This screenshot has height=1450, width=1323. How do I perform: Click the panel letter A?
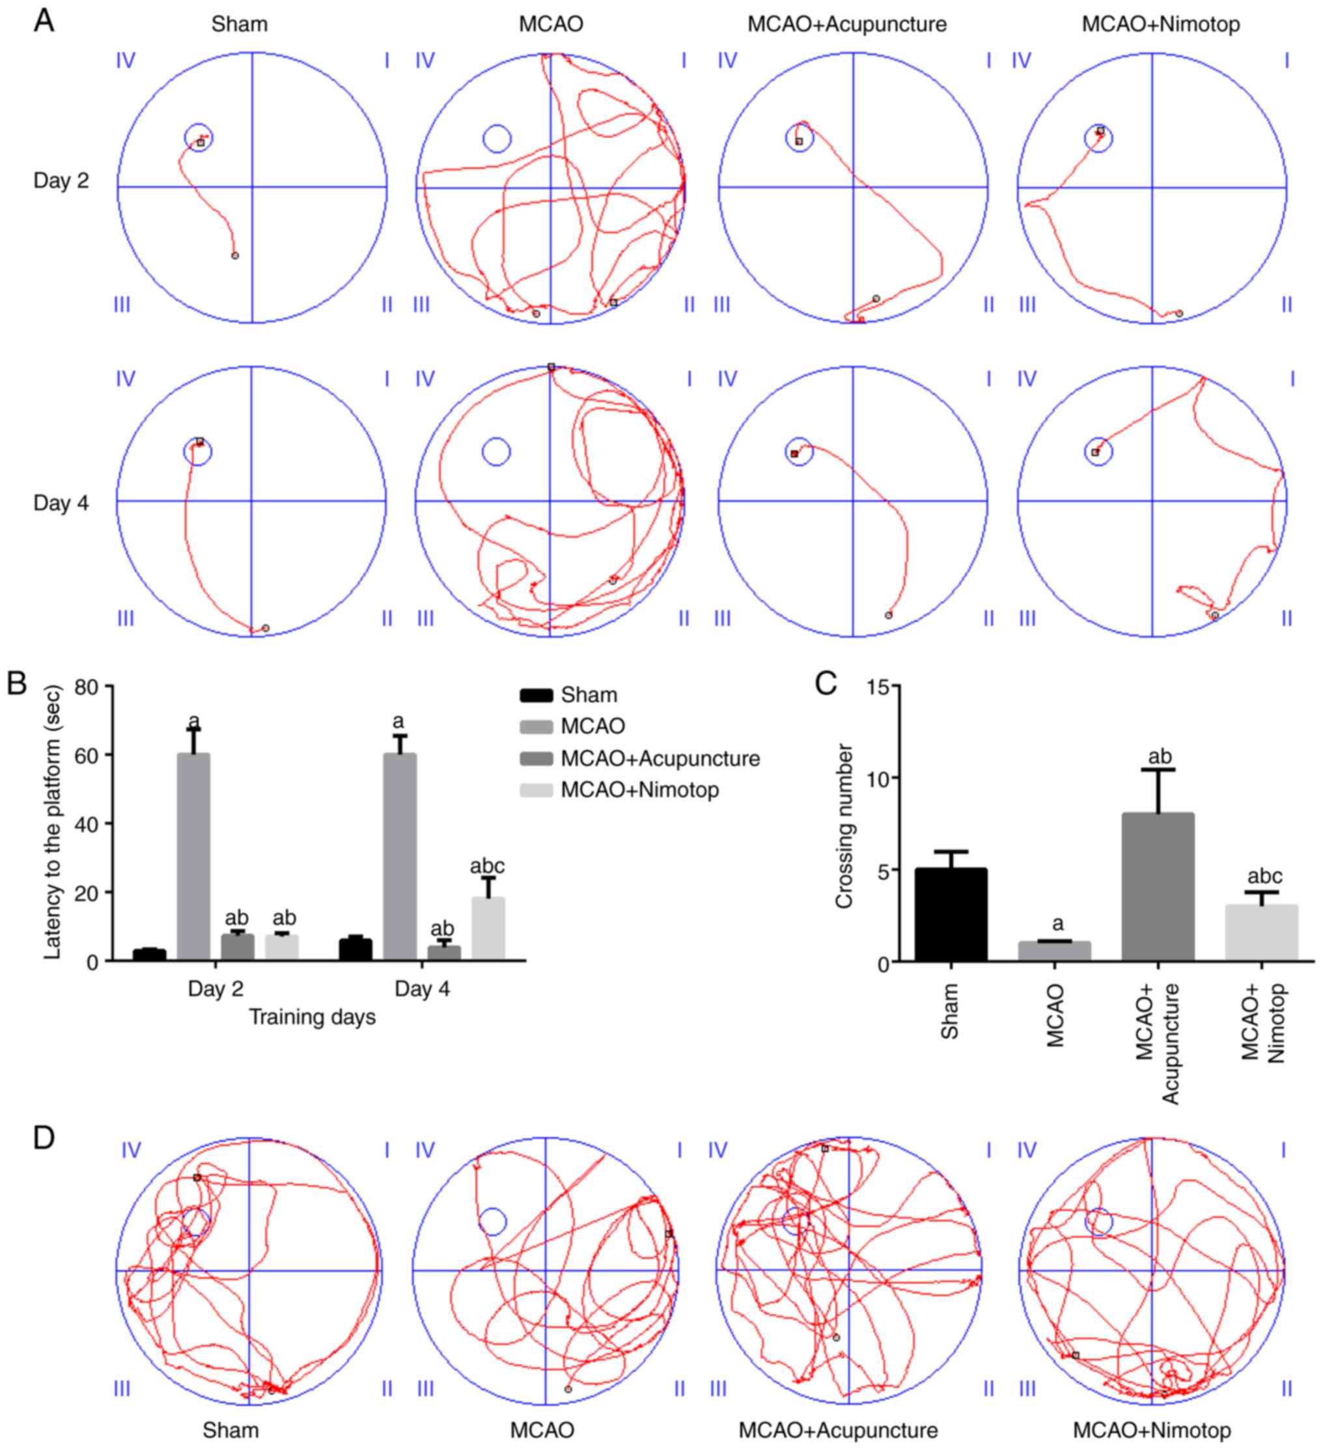coord(45,21)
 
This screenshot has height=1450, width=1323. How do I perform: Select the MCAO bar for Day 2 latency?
coord(193,856)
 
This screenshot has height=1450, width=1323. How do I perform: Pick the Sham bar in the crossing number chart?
coord(951,914)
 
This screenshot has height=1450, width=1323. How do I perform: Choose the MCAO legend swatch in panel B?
coord(536,726)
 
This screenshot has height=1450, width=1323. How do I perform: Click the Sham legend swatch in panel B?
coord(536,695)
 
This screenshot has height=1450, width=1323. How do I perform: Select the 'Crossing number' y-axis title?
coord(844,826)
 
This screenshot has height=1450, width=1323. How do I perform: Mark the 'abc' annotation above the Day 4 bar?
coord(487,866)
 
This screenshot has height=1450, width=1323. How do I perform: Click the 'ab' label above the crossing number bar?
coord(1159,756)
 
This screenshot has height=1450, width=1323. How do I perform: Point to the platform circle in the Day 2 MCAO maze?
coord(496,138)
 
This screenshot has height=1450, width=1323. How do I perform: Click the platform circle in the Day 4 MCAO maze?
coord(495,452)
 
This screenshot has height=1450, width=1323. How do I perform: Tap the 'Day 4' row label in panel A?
coord(61,503)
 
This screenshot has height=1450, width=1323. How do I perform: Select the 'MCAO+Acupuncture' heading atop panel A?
coord(847,25)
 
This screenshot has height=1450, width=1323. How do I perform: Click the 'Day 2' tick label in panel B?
coord(216,989)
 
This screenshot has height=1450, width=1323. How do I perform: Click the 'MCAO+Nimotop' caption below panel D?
coord(1151,1430)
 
